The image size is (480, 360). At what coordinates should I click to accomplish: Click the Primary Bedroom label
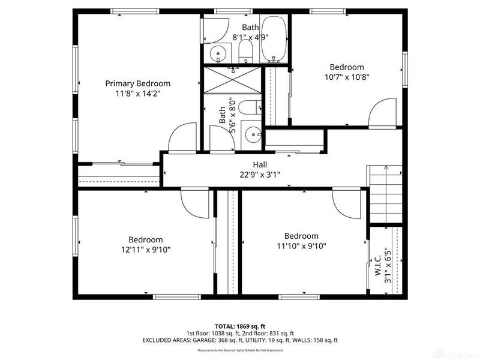pyautogui.click(x=137, y=83)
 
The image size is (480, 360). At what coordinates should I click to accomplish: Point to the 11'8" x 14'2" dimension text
pyautogui.click(x=137, y=94)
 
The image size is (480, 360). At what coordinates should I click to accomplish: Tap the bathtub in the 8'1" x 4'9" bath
pyautogui.click(x=275, y=40)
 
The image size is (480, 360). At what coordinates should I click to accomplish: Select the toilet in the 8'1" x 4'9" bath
pyautogui.click(x=245, y=49)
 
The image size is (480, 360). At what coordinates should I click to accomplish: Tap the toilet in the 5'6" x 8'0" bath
pyautogui.click(x=247, y=109)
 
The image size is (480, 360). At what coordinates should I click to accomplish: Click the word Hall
pyautogui.click(x=260, y=164)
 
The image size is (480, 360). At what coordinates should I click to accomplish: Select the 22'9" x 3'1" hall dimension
pyautogui.click(x=260, y=175)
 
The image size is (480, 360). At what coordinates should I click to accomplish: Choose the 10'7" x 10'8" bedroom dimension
pyautogui.click(x=347, y=77)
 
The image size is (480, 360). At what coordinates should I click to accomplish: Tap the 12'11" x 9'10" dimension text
pyautogui.click(x=145, y=250)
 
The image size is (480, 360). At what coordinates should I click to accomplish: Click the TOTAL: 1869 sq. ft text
pyautogui.click(x=240, y=325)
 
